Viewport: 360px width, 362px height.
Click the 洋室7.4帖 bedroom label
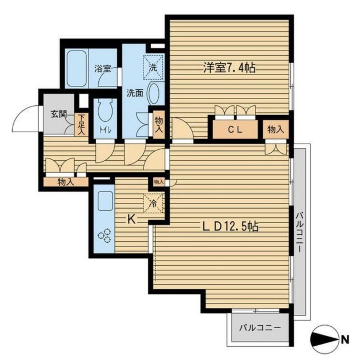229,68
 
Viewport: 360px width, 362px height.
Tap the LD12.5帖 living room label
230,226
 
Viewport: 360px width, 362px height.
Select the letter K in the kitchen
132,219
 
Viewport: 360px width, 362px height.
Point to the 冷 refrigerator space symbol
153,203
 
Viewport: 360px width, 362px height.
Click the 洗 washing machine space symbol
153,68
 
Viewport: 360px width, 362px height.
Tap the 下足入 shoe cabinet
81,124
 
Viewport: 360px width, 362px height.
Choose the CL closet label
235,130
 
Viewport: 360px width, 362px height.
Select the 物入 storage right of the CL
275,130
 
